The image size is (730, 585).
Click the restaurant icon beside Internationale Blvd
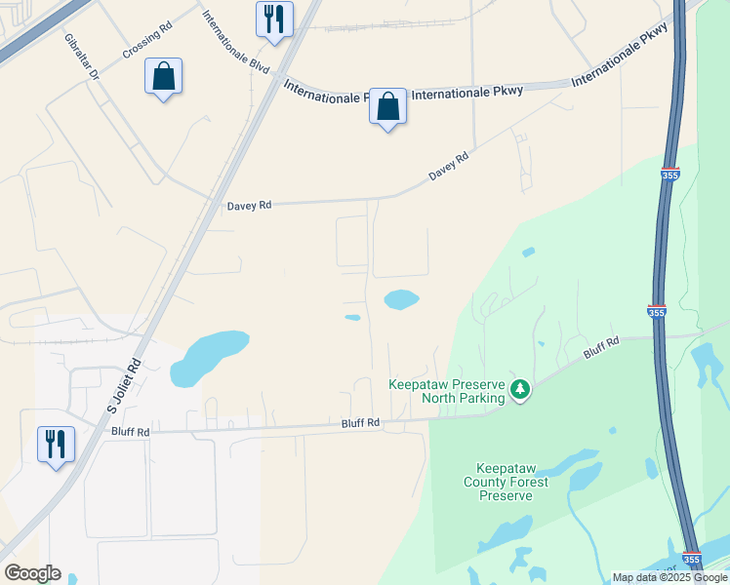[x=274, y=19]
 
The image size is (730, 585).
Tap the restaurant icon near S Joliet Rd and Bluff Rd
[x=56, y=444]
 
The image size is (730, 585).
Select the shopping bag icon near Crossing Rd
[x=163, y=76]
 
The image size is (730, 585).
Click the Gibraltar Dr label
[x=82, y=58]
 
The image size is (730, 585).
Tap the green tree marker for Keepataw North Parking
[x=521, y=390]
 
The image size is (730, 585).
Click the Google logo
[x=32, y=573]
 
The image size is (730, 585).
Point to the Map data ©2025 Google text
[x=669, y=577]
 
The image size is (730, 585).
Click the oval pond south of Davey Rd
[x=401, y=299]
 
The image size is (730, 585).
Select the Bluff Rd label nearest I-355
[x=602, y=346]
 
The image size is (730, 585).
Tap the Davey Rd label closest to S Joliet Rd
[x=249, y=206]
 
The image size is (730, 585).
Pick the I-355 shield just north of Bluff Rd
[x=657, y=309]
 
